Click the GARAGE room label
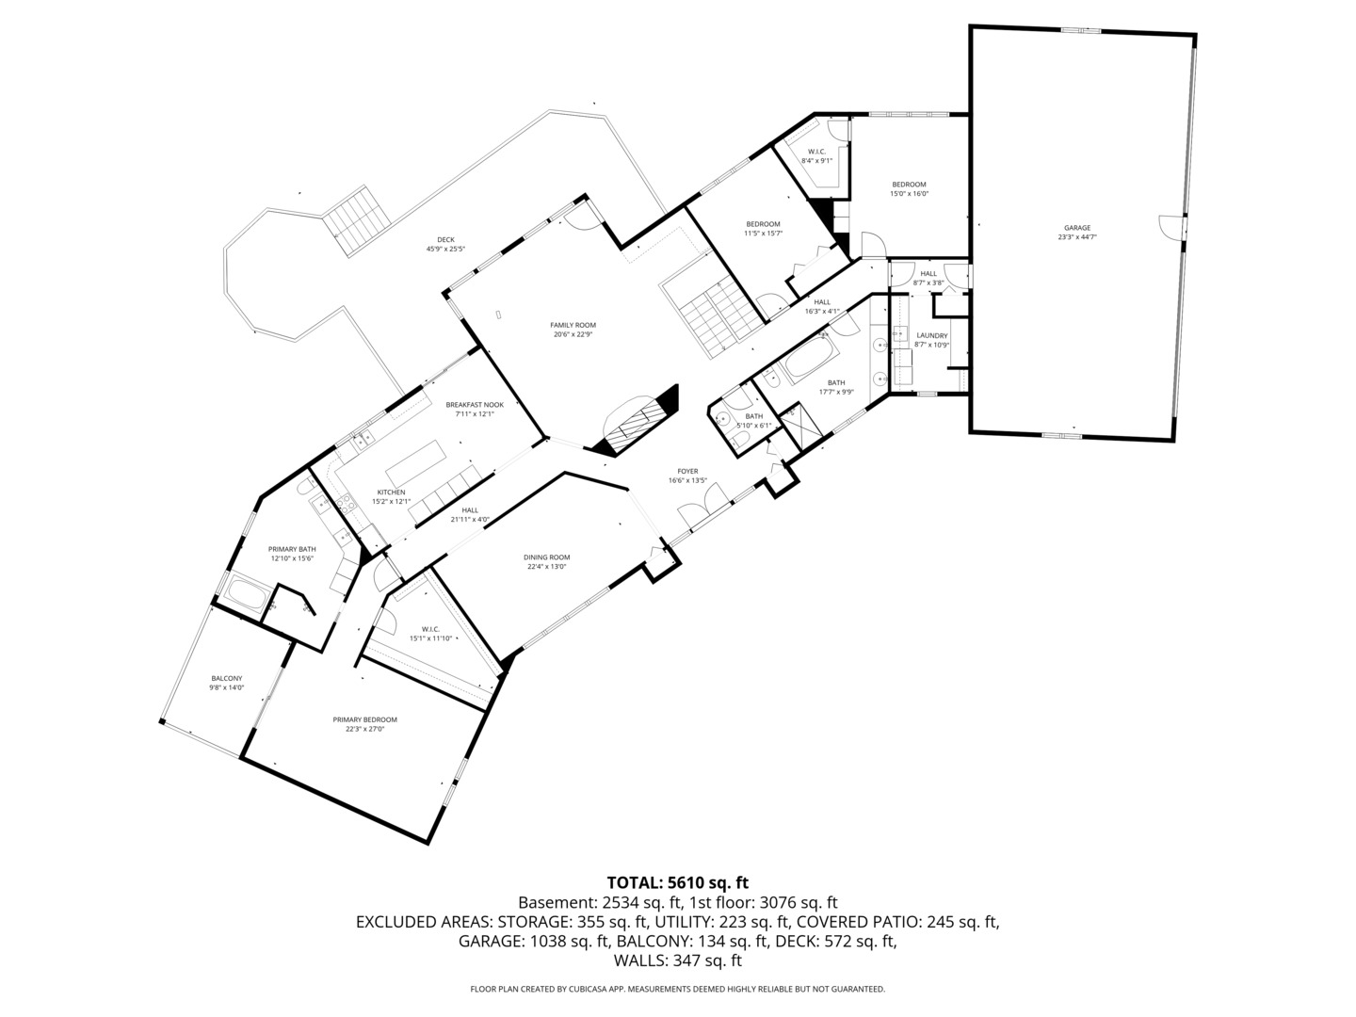[x=1076, y=228]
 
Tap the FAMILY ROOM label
[x=573, y=325]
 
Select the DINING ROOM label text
[x=546, y=557]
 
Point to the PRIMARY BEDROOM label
[x=364, y=719]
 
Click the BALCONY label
[x=226, y=678]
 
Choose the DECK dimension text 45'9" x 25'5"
[x=445, y=250]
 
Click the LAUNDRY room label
[x=931, y=335]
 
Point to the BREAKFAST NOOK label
[x=475, y=405]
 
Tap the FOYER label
[x=687, y=471]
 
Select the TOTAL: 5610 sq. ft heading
[x=677, y=882]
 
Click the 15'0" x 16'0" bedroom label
[x=909, y=185]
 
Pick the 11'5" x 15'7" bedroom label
[x=763, y=224]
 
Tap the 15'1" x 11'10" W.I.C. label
[x=430, y=629]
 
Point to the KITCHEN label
[x=391, y=492]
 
